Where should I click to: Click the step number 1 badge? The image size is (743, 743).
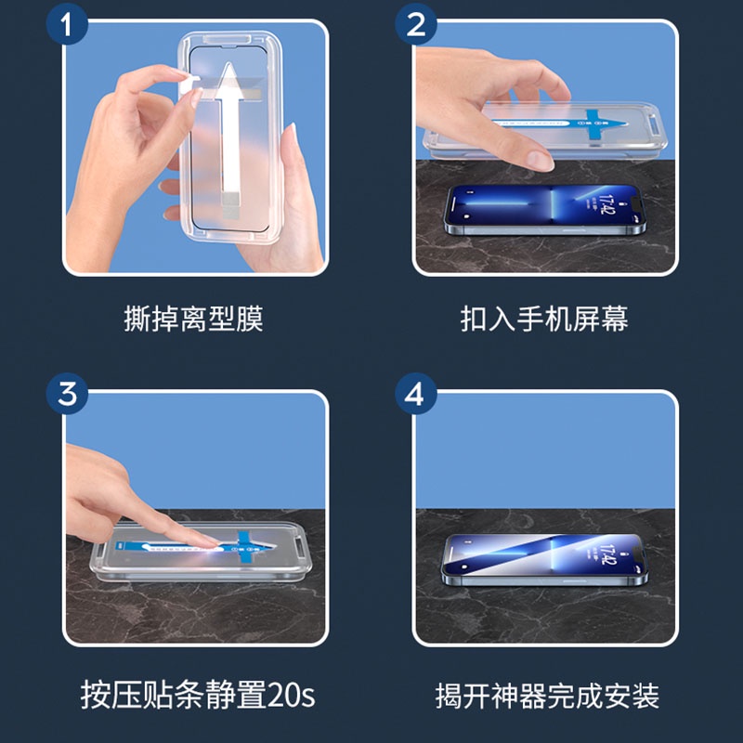[67, 24]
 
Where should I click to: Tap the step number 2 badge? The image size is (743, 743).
[416, 24]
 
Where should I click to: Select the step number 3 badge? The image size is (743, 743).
[67, 394]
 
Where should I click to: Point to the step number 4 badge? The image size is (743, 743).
[416, 394]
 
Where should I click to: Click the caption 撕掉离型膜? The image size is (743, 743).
[193, 319]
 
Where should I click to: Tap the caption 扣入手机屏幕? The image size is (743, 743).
[544, 319]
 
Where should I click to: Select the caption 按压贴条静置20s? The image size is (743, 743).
[198, 695]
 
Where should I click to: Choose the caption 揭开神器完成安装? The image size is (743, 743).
[547, 696]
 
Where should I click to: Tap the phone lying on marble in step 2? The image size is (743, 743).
[545, 210]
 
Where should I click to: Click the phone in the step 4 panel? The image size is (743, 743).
[544, 560]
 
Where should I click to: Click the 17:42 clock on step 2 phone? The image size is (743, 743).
[607, 203]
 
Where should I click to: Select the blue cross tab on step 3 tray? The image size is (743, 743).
[246, 547]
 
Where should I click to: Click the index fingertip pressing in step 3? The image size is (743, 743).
[207, 543]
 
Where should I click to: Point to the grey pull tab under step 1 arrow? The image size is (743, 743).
[230, 204]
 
